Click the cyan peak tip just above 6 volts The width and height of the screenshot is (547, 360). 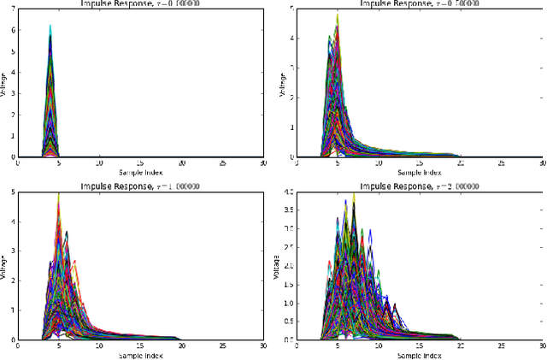click(50, 27)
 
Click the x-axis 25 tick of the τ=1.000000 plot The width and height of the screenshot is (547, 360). click(223, 345)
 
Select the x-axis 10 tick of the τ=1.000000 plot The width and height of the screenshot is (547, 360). click(99, 345)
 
